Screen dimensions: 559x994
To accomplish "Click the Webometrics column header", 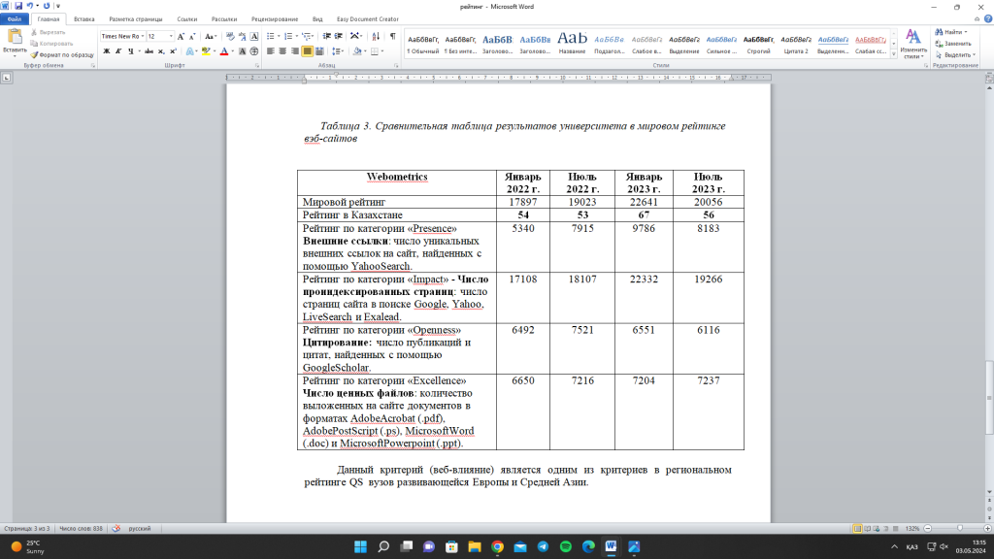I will [x=397, y=177].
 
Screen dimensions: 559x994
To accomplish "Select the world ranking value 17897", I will [x=523, y=201].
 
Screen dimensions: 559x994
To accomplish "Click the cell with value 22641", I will [x=645, y=201].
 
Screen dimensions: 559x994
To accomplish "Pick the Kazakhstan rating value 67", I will [x=645, y=214].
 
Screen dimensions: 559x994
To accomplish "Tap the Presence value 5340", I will [x=523, y=228].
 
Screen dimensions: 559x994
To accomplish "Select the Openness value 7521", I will [x=583, y=329].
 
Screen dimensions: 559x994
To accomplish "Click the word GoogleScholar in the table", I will [x=337, y=368].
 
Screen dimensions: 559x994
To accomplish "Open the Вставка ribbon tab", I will [x=84, y=18].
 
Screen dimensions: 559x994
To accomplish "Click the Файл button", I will [x=15, y=18].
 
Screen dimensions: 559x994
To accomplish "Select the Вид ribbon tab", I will [x=316, y=18].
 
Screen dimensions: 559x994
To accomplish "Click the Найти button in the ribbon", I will [x=952, y=32].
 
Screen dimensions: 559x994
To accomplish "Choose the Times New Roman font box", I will [x=121, y=36].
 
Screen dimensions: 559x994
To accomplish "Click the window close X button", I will [x=980, y=6].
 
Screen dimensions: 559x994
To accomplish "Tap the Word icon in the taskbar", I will [x=612, y=546].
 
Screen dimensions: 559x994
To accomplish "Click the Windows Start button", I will [x=360, y=546].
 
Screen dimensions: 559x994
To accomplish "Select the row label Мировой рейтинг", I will [x=345, y=201].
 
